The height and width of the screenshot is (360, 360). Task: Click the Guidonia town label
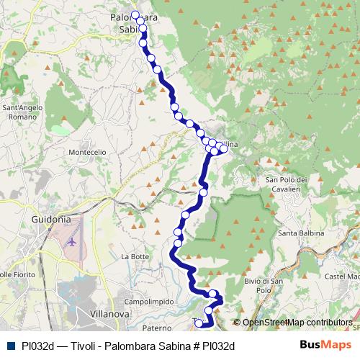pyautogui.click(x=50, y=219)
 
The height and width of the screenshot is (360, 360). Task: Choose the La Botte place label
pyautogui.click(x=134, y=256)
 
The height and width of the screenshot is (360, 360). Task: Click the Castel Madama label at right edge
pyautogui.click(x=343, y=276)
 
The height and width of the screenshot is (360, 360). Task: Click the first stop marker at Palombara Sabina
pyautogui.click(x=135, y=14)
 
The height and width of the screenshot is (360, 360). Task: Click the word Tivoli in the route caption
pyautogui.click(x=85, y=346)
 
